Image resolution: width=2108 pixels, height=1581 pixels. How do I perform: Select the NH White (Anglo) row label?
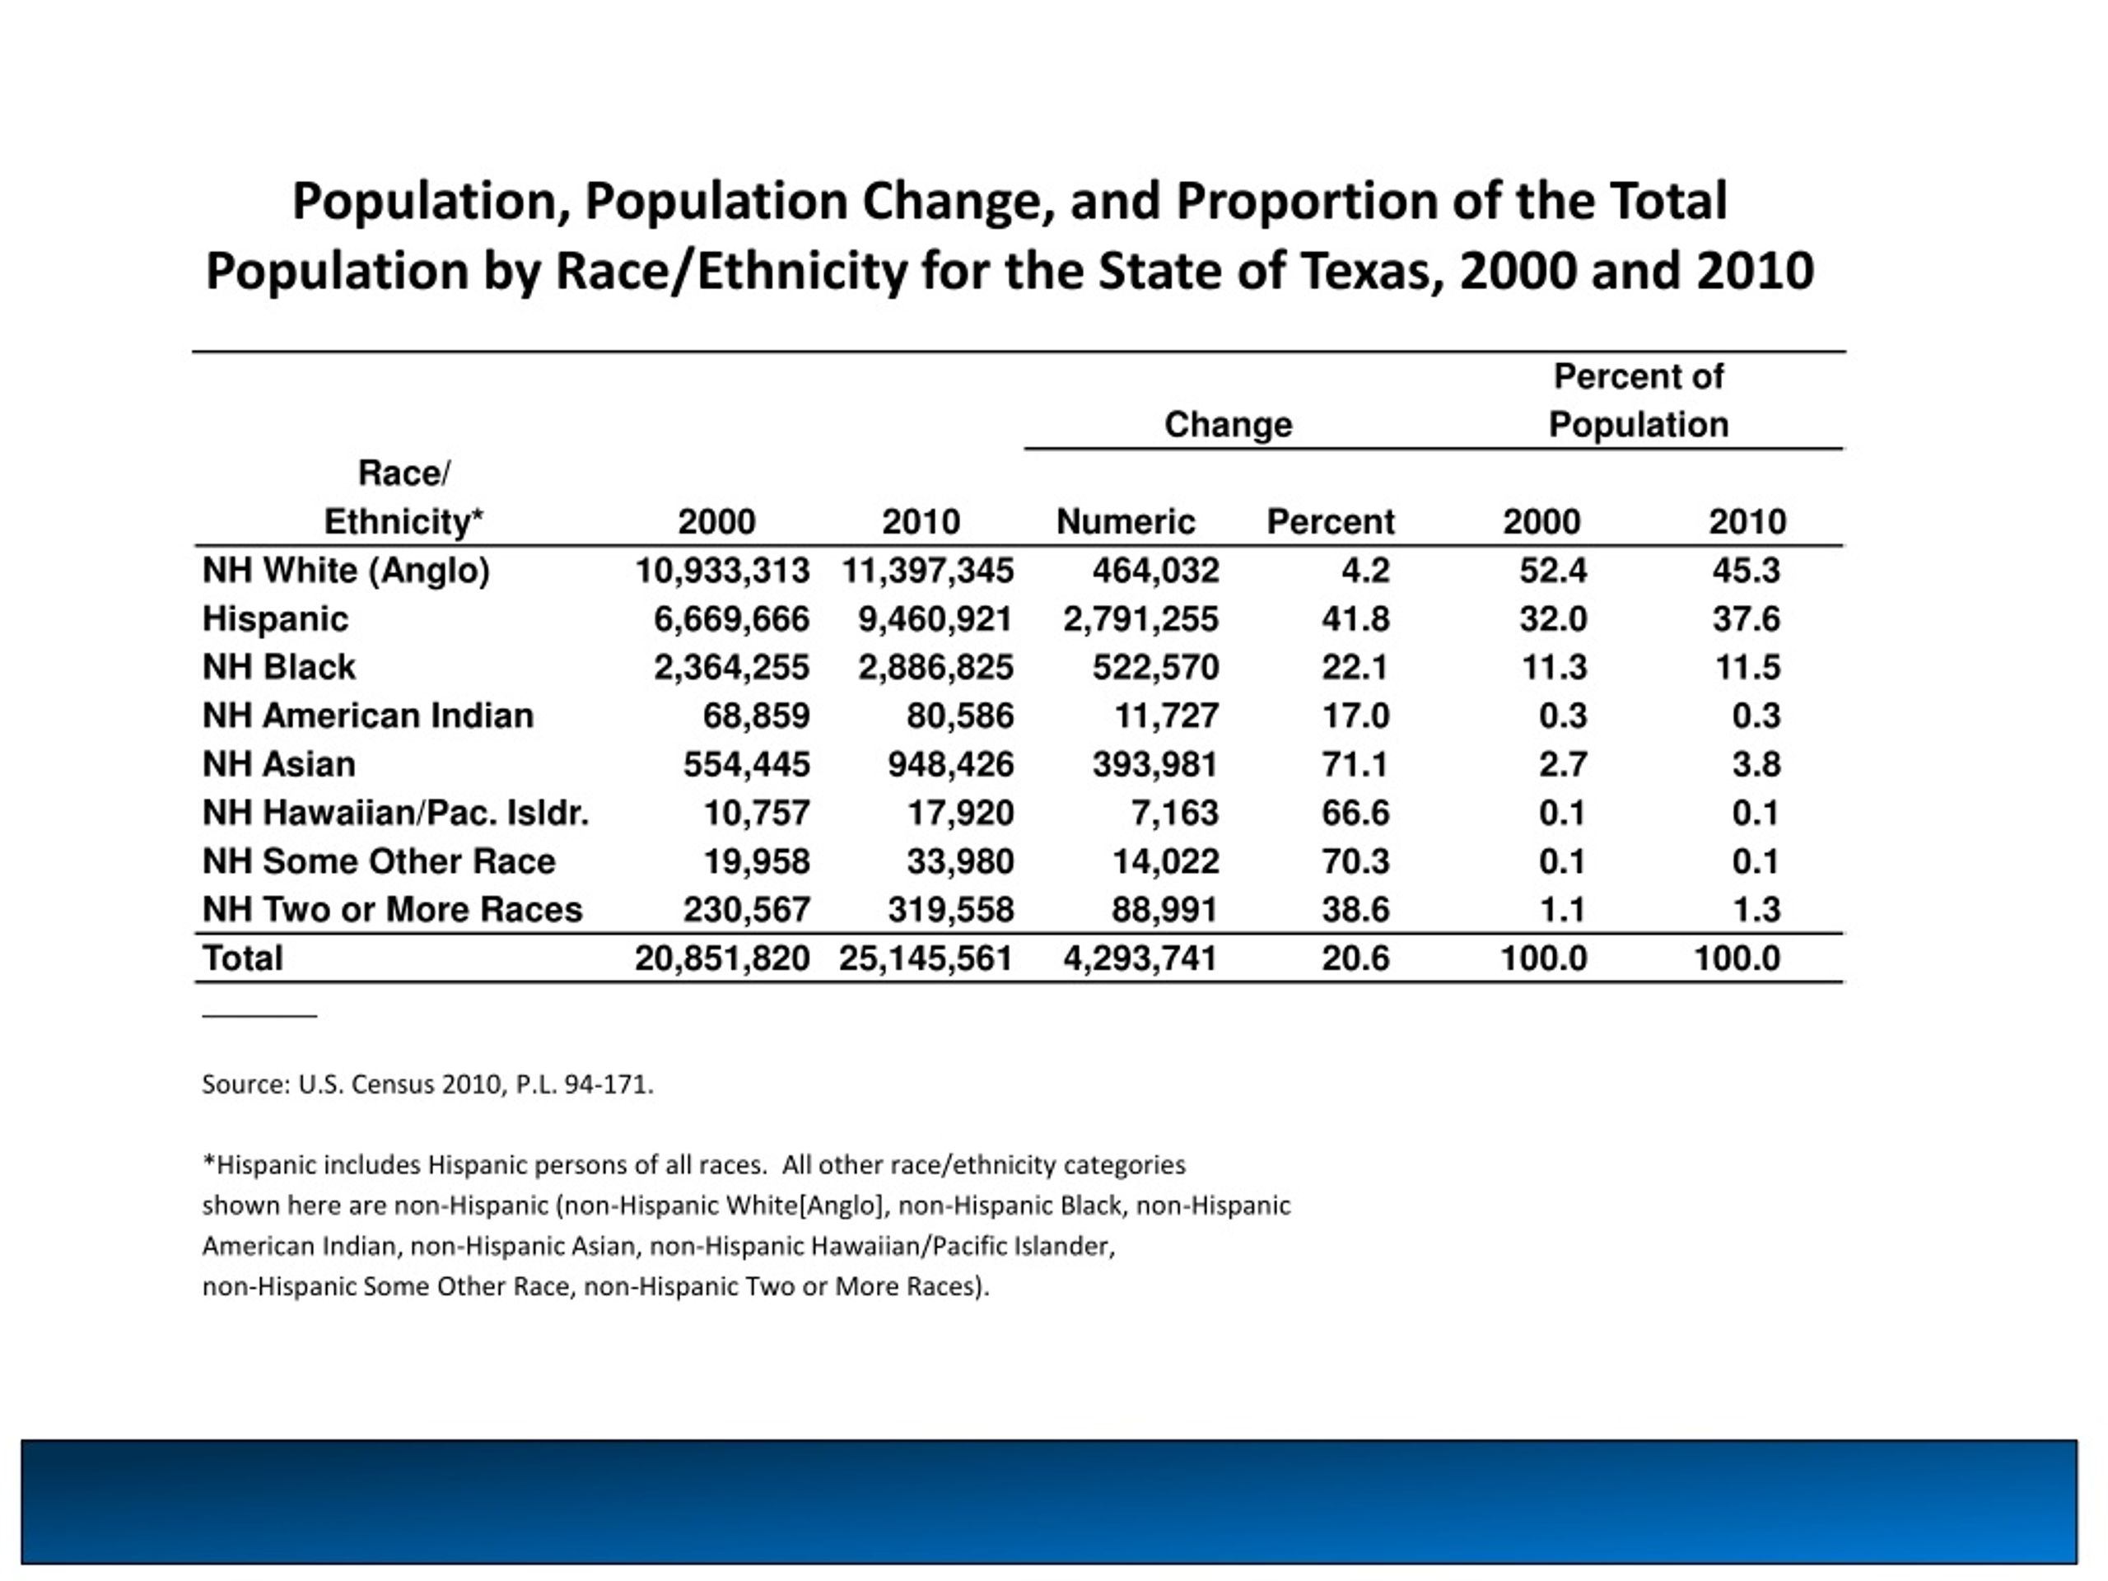coord(346,571)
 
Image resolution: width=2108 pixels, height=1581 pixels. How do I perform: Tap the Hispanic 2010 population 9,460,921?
coord(935,619)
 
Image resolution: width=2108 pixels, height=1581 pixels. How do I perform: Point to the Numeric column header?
coord(1126,522)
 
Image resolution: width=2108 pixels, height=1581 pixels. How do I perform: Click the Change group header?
coord(1228,424)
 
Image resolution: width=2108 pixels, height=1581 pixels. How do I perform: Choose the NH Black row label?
coord(278,667)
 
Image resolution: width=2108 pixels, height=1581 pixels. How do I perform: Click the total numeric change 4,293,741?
coord(1140,958)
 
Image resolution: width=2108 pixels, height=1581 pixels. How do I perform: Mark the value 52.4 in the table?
coord(1552,571)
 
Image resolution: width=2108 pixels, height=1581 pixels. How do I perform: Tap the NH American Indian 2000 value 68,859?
coord(756,716)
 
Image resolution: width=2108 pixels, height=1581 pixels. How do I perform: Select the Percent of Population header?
coord(1637,400)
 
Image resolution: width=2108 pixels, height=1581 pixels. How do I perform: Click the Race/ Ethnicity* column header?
coord(404,497)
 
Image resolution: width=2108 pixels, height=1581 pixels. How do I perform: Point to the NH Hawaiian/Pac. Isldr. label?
coord(395,813)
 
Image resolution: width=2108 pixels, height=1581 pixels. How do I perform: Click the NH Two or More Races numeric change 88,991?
coord(1164,910)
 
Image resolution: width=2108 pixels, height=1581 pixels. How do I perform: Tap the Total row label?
coord(243,958)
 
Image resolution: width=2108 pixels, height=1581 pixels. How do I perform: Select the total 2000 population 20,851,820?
coord(721,958)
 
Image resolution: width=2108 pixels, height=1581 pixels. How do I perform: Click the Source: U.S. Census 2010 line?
coord(427,1084)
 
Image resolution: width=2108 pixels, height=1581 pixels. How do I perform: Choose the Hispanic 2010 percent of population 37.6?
coord(1746,619)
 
